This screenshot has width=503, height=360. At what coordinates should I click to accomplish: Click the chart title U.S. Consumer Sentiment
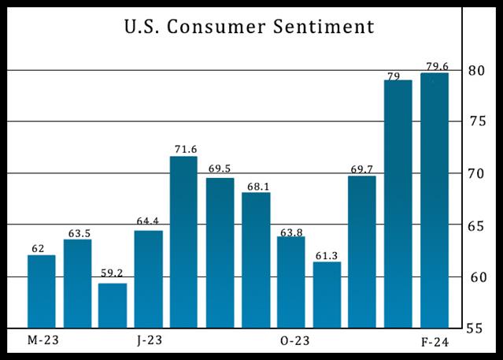tap(248, 28)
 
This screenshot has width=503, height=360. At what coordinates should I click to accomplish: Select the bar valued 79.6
tap(435, 200)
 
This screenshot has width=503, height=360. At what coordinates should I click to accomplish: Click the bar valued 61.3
tap(327, 295)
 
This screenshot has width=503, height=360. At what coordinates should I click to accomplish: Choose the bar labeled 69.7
tap(362, 251)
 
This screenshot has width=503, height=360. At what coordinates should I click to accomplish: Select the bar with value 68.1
tap(256, 260)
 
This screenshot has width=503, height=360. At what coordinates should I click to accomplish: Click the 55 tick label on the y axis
tap(473, 328)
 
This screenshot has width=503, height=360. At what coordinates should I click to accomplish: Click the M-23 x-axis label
tap(43, 341)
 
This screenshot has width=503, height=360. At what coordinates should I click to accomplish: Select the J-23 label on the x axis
tap(150, 341)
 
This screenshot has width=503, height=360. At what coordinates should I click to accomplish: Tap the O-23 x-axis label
tap(294, 341)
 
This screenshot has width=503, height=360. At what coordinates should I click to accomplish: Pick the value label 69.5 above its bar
tap(220, 169)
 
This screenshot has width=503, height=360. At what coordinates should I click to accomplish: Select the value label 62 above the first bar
tap(39, 247)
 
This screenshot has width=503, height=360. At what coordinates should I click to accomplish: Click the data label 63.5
tap(77, 232)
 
